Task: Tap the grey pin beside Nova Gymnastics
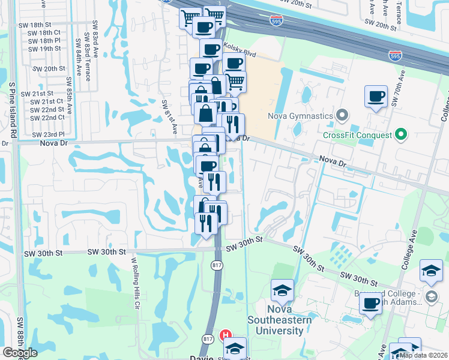coord(342,114)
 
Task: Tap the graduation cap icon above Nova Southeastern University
coord(282,290)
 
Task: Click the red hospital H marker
coord(226,335)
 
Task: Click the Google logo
coord(20,353)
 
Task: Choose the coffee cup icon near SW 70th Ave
coord(376,97)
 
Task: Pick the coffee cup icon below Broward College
coord(371,304)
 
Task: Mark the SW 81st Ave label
coord(170,116)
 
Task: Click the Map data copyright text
coord(423,355)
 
